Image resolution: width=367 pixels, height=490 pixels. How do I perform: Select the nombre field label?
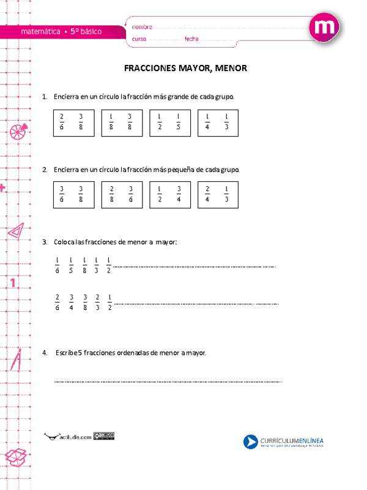[142, 27]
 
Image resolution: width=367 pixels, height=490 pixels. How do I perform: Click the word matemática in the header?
[40, 31]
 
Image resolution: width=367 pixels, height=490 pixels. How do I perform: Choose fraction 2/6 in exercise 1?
[62, 123]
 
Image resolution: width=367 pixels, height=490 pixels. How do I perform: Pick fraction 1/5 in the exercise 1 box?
[178, 123]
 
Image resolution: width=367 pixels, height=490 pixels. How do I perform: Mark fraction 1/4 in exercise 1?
[208, 123]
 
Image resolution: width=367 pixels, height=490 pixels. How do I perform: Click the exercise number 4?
[45, 353]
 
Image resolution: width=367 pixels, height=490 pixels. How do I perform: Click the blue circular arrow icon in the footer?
[250, 442]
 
